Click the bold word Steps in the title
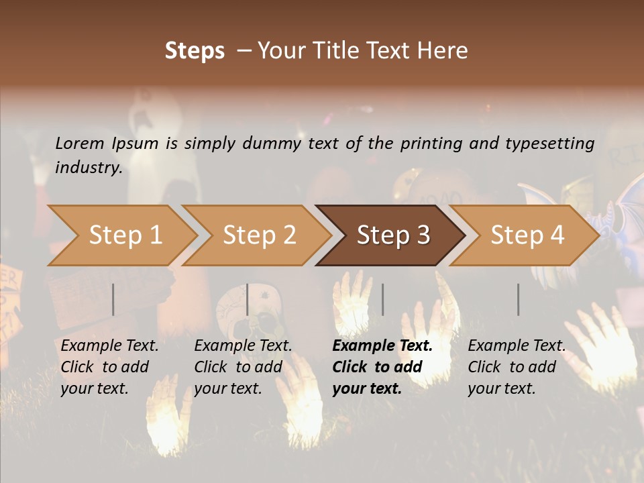[195, 51]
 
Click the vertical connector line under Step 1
[113, 299]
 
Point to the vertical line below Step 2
[248, 299]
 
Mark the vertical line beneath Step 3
[382, 299]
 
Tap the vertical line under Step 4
[519, 299]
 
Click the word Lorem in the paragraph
[80, 143]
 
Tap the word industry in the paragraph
[88, 168]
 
